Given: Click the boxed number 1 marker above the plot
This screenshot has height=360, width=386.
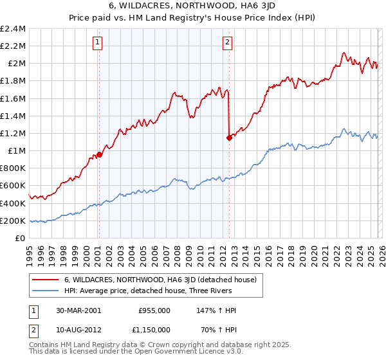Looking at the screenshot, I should coord(97,43).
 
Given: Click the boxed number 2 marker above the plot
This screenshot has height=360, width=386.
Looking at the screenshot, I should coord(228,43).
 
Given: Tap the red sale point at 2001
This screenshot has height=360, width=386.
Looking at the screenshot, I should coord(100,154).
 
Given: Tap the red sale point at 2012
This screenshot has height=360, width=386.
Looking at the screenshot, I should coord(229,137).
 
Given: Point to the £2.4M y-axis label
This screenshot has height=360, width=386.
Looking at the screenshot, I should coord(13,29).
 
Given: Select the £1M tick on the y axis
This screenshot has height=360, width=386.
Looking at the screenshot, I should coord(16,151).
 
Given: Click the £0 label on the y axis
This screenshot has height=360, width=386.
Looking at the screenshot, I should coord(20,238).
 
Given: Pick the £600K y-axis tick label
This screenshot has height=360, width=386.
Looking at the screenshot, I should coord(13,186).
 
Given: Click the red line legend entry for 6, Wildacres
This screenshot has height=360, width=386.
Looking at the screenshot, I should coord(160,280).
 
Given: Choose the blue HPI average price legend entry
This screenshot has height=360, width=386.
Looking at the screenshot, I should coord(160,291).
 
